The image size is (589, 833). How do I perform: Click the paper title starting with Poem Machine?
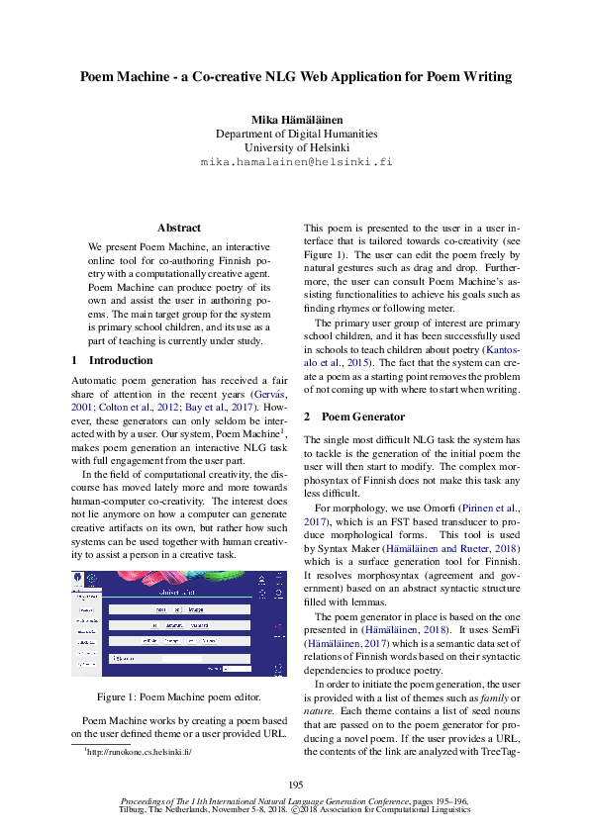[x=295, y=76]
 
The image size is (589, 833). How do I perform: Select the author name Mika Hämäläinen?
[x=296, y=119]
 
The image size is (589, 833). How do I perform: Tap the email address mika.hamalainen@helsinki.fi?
[x=296, y=161]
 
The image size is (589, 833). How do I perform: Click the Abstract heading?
[x=179, y=228]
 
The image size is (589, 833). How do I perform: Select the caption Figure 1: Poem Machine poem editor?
[x=179, y=696]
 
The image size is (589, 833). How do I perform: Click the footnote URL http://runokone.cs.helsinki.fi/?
[x=138, y=752]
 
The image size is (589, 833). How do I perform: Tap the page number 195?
[x=295, y=785]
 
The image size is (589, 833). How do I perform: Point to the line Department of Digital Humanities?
[x=296, y=134]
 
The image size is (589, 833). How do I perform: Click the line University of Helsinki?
[x=296, y=147]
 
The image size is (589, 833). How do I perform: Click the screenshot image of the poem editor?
[x=179, y=623]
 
